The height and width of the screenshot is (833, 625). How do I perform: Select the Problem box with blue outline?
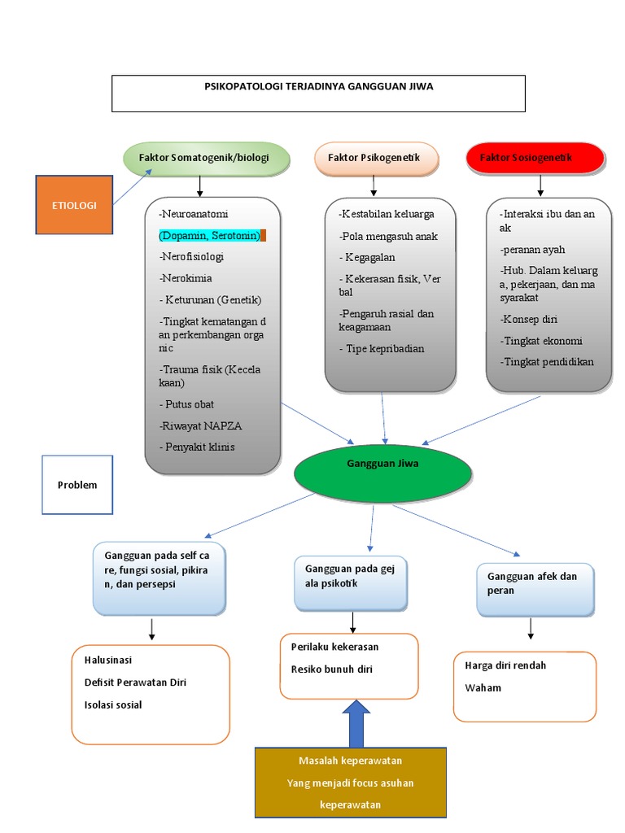77,486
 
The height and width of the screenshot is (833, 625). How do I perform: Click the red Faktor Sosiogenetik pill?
535,157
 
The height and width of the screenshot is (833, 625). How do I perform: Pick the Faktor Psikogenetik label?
374,157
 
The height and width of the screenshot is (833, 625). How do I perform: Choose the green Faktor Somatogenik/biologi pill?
207,157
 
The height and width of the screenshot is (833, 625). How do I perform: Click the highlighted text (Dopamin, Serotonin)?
211,235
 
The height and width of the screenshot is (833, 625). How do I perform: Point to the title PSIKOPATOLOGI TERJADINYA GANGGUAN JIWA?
318,85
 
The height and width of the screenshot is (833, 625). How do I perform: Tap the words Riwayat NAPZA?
202,425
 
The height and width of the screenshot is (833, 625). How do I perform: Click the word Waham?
483,687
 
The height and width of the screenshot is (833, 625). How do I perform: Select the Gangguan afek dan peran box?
535,584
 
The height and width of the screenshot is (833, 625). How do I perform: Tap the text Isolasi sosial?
113,704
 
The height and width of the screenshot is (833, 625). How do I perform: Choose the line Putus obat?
188,404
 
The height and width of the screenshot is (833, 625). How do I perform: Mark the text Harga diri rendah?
505,665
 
